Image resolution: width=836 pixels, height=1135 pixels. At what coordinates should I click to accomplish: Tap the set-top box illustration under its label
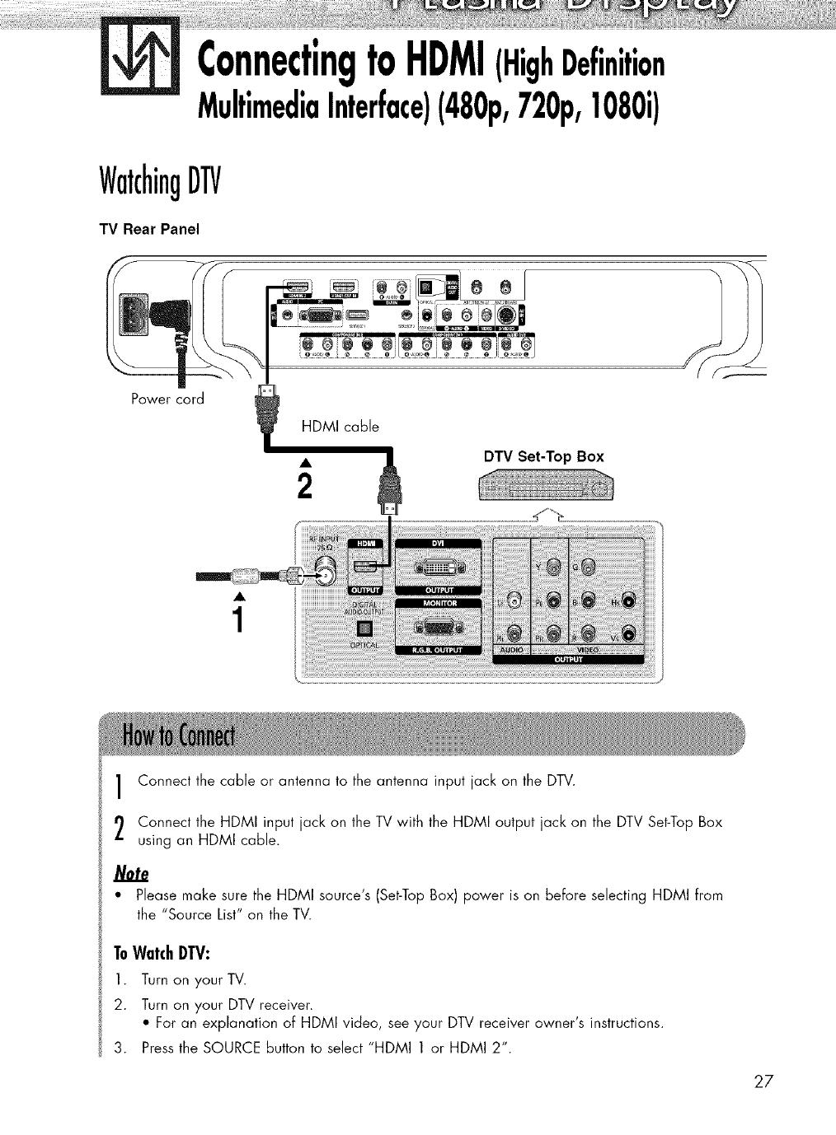tap(546, 488)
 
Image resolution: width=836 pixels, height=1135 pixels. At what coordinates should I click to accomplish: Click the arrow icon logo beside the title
tap(139, 59)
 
